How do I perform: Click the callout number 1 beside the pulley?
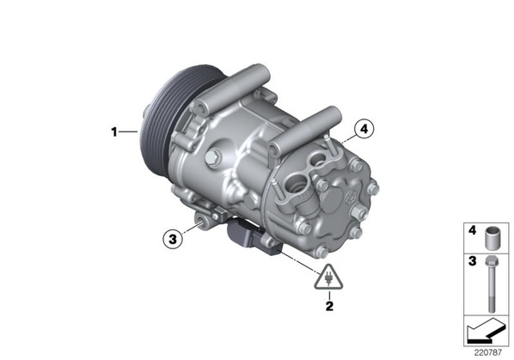point(113,132)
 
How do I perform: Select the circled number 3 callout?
point(173,239)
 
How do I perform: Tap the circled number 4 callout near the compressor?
point(364,130)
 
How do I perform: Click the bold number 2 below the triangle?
point(329,306)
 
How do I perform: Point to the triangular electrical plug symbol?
point(328,278)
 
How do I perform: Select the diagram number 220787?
point(487,353)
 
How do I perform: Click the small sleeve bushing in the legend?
point(491,238)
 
